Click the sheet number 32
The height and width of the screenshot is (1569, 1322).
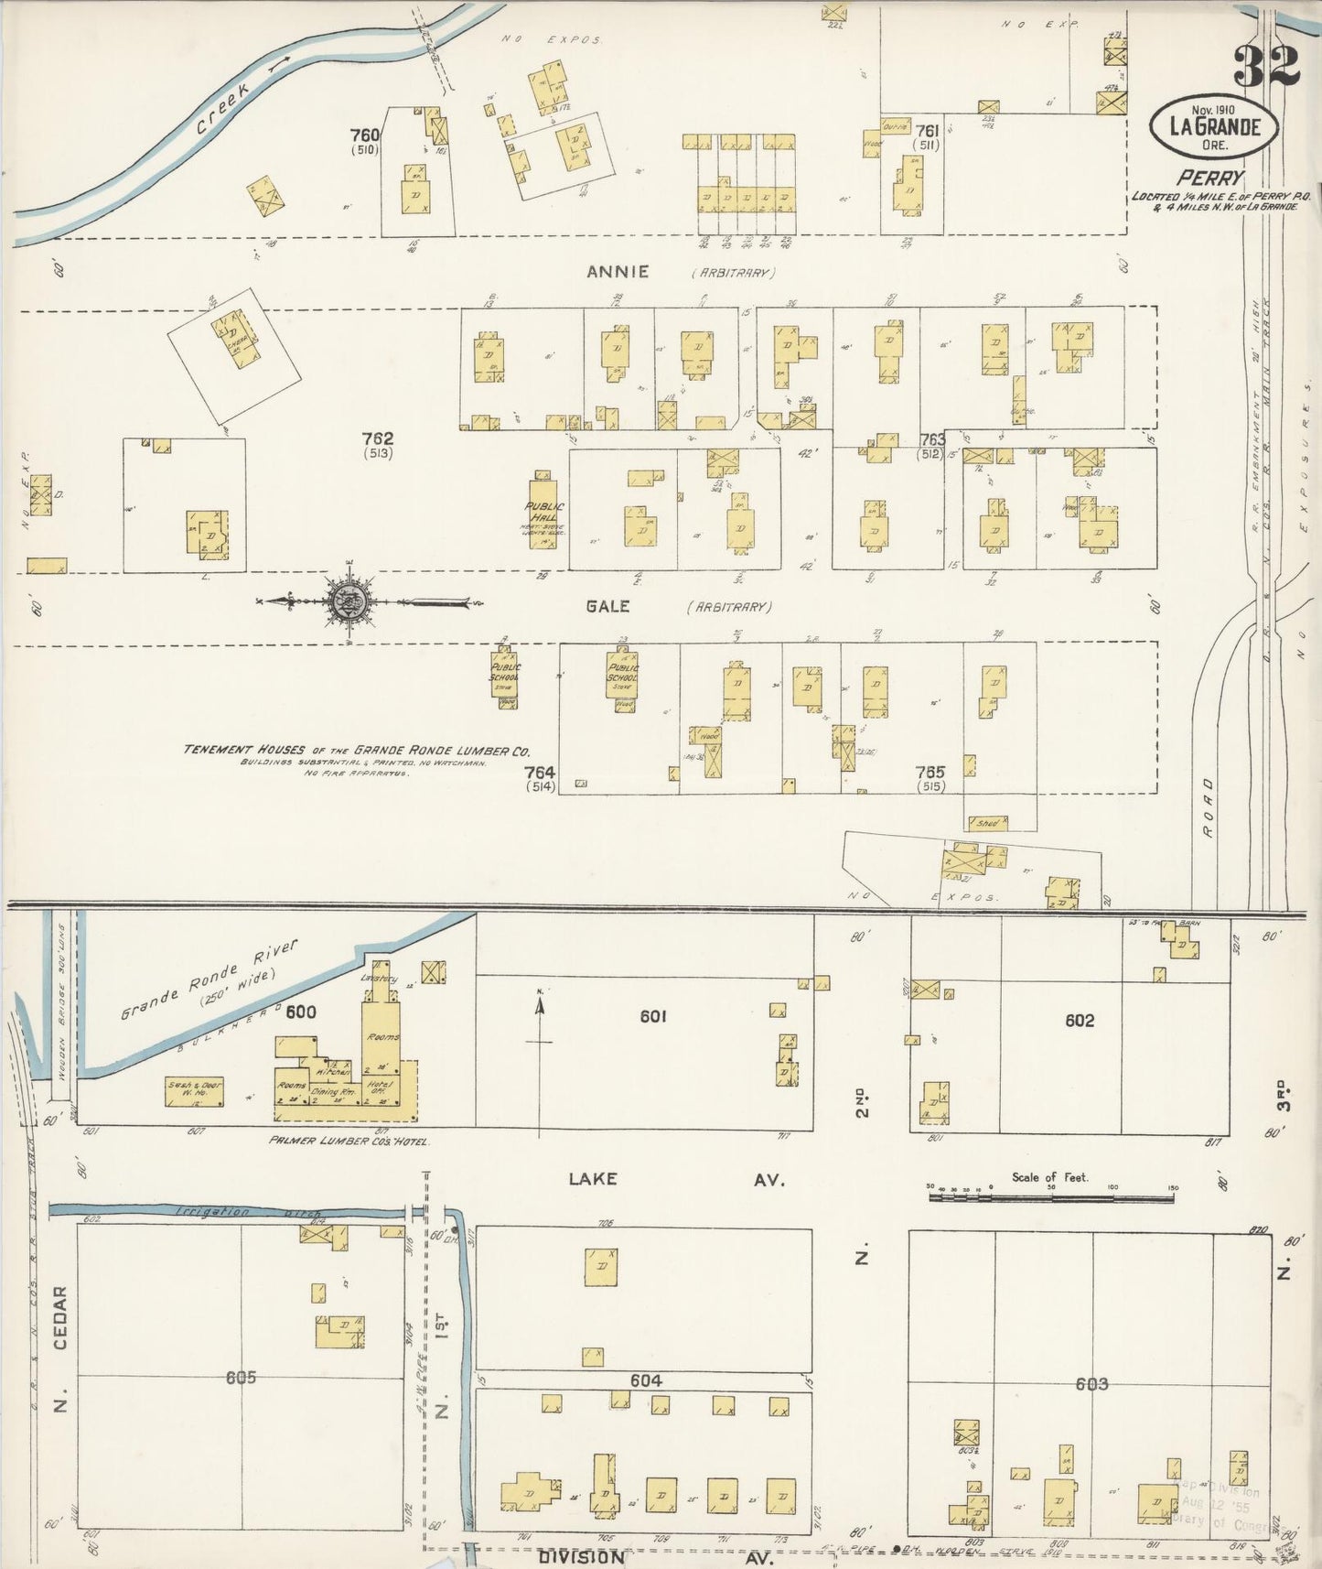pos(1266,63)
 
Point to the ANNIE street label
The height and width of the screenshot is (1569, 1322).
pos(618,271)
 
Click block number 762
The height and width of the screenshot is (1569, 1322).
pos(377,439)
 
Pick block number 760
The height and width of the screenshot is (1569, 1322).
pos(364,135)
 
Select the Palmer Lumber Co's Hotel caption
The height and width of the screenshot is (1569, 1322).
pos(348,1141)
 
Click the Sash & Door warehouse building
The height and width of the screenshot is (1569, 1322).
pos(195,1090)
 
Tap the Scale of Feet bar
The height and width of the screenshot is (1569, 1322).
pos(1051,1195)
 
